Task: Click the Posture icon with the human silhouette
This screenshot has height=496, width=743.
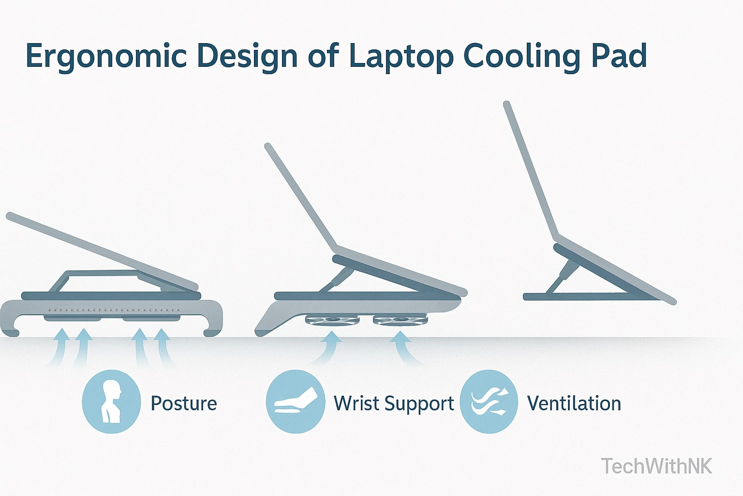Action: tap(111, 402)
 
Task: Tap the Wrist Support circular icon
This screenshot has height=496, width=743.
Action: tap(295, 402)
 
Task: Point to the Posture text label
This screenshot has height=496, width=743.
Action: tap(184, 403)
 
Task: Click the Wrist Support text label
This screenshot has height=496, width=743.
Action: tap(394, 403)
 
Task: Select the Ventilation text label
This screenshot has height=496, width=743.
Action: tap(574, 403)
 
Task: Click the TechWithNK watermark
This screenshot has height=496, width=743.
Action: tap(656, 466)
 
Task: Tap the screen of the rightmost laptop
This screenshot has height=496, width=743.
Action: tap(531, 170)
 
